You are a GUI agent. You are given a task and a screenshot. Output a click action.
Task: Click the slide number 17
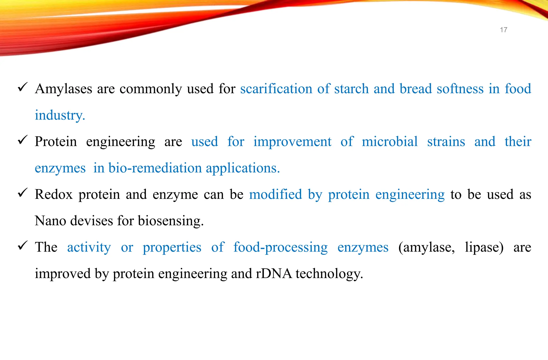click(x=503, y=30)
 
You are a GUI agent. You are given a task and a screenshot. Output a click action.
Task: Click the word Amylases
click(x=63, y=89)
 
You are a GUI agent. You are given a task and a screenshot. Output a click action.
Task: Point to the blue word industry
click(x=60, y=115)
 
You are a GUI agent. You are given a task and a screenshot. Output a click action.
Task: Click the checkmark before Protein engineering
click(x=22, y=140)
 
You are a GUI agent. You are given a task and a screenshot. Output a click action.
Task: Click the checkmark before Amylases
click(x=22, y=87)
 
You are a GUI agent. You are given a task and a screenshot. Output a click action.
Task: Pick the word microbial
click(x=390, y=141)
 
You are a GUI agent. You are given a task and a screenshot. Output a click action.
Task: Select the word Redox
click(x=54, y=194)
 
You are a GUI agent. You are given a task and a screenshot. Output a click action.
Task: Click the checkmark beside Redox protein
click(x=22, y=192)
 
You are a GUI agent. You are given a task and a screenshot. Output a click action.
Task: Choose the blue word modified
click(x=275, y=194)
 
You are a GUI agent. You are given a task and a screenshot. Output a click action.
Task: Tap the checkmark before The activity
click(x=22, y=245)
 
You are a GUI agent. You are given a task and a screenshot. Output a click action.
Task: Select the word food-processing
click(x=280, y=247)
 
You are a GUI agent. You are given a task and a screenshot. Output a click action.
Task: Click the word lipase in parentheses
click(x=484, y=247)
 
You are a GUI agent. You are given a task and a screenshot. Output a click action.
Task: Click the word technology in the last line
click(x=329, y=274)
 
